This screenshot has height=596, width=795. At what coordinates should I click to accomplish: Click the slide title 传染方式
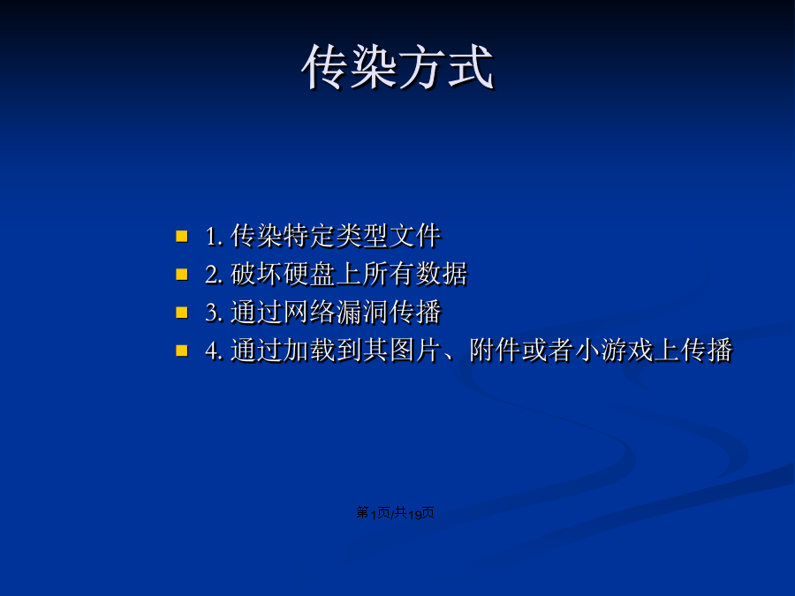397,67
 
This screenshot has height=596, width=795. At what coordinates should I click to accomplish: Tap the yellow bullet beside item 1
181,236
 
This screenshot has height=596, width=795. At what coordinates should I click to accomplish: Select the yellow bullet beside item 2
181,275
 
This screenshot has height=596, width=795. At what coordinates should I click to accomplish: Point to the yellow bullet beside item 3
181,313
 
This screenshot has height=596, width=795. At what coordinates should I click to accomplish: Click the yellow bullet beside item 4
181,351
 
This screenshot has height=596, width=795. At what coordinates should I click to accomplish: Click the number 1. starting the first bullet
214,237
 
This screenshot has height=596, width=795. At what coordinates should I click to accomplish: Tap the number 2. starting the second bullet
214,275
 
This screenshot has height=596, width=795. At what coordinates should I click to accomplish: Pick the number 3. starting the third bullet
214,313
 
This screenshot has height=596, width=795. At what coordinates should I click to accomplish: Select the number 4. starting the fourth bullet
214,351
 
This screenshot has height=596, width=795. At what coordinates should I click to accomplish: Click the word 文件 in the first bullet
415,236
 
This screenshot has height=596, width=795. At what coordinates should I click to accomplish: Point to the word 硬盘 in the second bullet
309,275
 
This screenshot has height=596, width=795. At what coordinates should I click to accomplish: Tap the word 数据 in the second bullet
442,275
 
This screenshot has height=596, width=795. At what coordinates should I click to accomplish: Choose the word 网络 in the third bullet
309,313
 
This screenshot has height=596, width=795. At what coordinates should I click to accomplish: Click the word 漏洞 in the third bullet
362,313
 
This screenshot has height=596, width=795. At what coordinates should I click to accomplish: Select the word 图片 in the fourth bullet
415,351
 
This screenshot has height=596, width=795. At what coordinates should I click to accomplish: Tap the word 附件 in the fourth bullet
495,351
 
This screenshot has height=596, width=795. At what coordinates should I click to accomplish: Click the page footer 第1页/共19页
396,513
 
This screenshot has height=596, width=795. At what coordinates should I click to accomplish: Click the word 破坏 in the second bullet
256,275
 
